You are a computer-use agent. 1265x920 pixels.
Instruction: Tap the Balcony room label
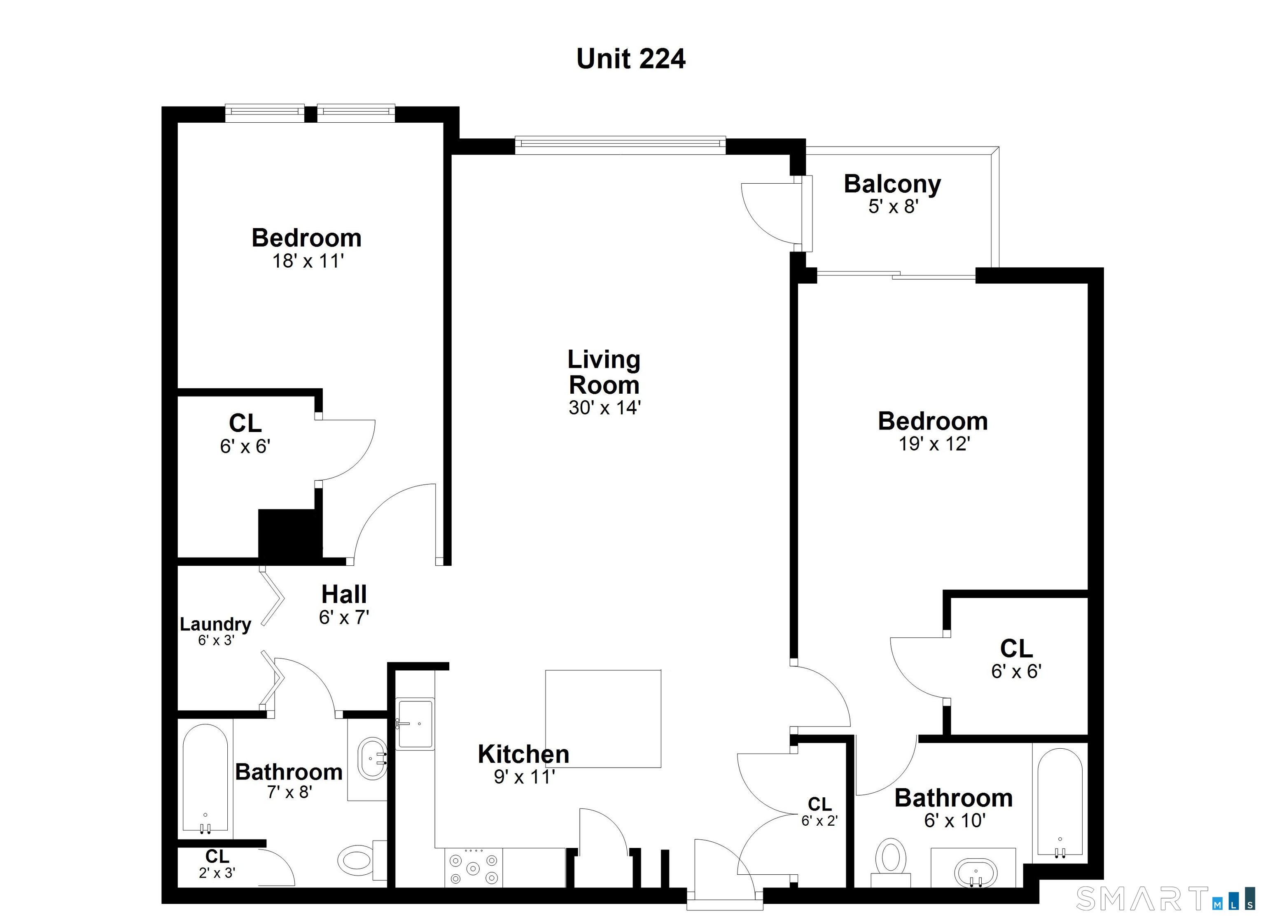tap(892, 184)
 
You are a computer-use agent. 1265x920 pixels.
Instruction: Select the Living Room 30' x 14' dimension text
tap(604, 408)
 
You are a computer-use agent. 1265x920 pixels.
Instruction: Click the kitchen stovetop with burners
tap(474, 868)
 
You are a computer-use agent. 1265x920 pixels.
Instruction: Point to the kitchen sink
tap(415, 724)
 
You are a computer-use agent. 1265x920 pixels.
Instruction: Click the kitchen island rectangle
tap(603, 719)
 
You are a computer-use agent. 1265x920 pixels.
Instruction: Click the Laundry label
tap(215, 624)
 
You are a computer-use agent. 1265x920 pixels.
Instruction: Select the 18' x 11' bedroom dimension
tap(307, 261)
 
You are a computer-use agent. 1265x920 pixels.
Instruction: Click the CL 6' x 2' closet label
tap(819, 812)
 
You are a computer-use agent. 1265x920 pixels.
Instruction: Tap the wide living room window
tap(620, 145)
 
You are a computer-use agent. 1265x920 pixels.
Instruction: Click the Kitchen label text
tap(523, 754)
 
